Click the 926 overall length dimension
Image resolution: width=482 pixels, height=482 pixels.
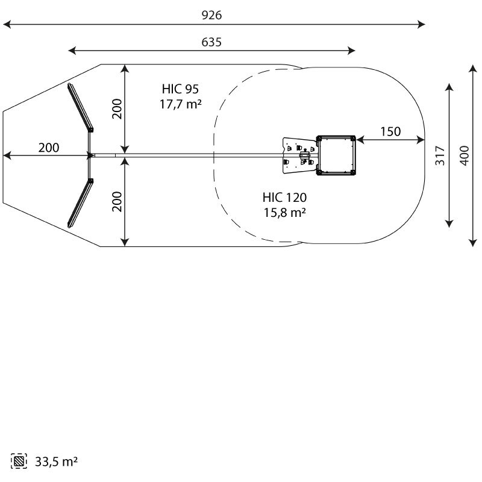point(211,15)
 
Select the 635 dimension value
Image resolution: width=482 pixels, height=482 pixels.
point(211,42)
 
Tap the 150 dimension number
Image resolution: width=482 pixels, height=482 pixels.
point(390,131)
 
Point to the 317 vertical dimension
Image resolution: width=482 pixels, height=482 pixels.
point(440,155)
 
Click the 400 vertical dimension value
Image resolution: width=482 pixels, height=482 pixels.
point(465,155)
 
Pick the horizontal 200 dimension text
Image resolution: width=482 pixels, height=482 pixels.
point(49,148)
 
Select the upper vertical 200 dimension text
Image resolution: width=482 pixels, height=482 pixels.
point(117,109)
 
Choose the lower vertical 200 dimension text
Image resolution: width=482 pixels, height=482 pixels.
point(117,202)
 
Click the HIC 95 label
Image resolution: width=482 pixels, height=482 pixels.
point(180,89)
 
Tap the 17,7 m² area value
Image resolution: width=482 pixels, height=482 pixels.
point(180,104)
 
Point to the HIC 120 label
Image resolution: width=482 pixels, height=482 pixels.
point(284,198)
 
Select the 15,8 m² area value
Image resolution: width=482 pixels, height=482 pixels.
point(284,213)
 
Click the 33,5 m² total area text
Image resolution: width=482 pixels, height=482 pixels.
point(56,462)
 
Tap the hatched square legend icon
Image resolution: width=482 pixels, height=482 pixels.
point(19,461)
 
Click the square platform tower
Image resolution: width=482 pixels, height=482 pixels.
point(336,155)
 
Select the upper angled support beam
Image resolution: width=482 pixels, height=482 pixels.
point(80,108)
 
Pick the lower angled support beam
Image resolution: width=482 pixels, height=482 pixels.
point(80,203)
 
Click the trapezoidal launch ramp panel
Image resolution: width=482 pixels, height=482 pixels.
point(300,155)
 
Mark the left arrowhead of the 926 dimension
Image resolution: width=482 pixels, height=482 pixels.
point(7,24)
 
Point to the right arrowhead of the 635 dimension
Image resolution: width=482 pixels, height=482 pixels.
point(351,51)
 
